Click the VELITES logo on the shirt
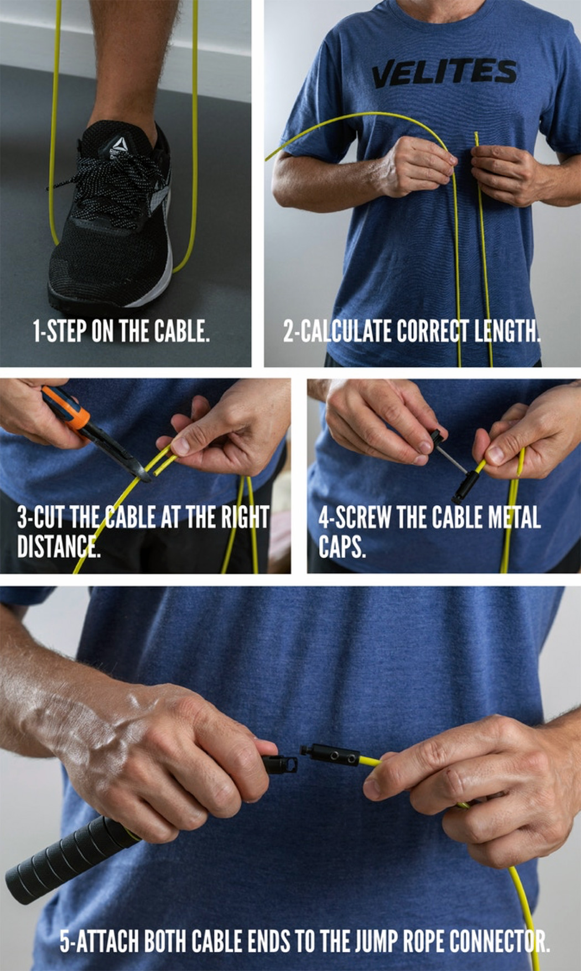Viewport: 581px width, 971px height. tap(443, 74)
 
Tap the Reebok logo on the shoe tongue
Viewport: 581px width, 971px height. tap(118, 145)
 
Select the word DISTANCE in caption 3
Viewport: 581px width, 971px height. tap(59, 547)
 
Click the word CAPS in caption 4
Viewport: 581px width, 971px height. tap(341, 547)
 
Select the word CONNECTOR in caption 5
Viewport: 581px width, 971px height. tap(498, 941)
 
